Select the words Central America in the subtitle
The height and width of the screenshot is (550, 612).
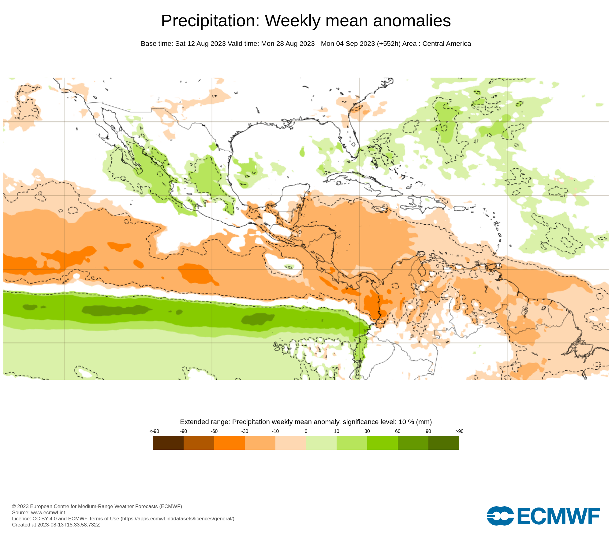pyautogui.click(x=446, y=44)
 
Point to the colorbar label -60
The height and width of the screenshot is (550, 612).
pyautogui.click(x=214, y=431)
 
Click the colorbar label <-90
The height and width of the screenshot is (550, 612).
pyautogui.click(x=154, y=431)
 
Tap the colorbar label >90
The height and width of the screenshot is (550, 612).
pyautogui.click(x=459, y=431)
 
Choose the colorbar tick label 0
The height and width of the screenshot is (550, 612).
pyautogui.click(x=306, y=431)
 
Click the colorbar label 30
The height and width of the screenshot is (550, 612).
pyautogui.click(x=367, y=431)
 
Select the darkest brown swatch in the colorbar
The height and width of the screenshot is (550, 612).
pyautogui.click(x=168, y=443)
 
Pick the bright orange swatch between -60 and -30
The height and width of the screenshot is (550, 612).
pyautogui.click(x=229, y=443)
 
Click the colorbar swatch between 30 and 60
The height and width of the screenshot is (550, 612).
pyautogui.click(x=382, y=443)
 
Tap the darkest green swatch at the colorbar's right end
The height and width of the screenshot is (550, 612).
pyautogui.click(x=444, y=443)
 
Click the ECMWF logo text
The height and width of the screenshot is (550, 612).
pyautogui.click(x=558, y=516)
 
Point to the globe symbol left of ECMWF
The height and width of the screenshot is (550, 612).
pyautogui.click(x=500, y=516)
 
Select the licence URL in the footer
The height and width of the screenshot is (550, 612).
pyautogui.click(x=177, y=519)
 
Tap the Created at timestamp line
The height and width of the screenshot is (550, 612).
pyautogui.click(x=56, y=525)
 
